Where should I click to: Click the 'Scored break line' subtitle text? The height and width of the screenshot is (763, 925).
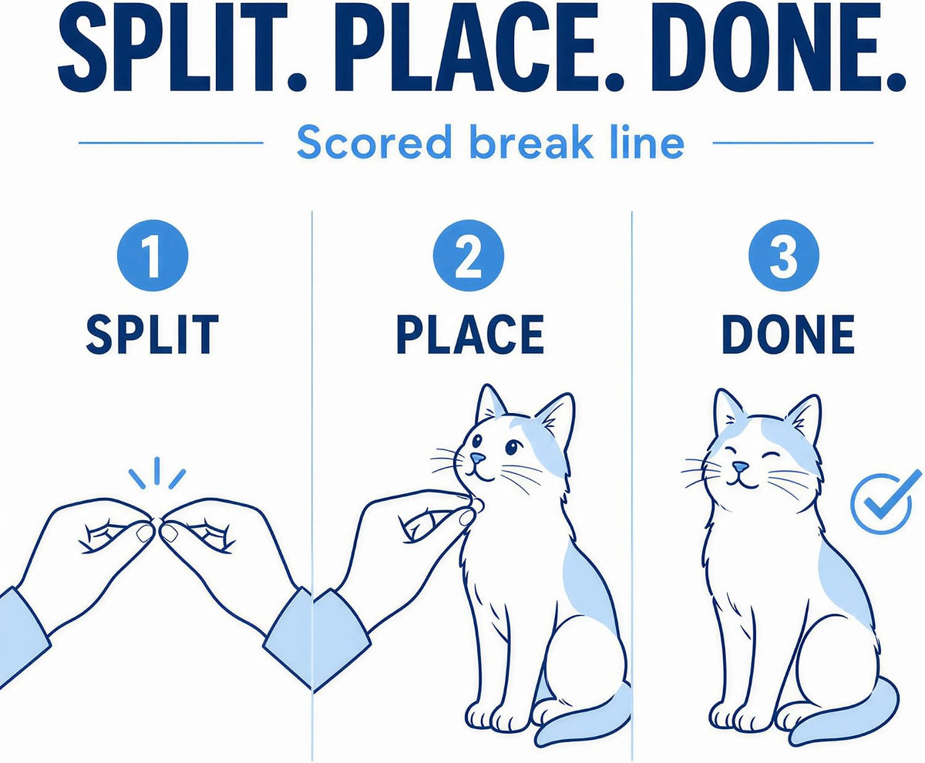[490, 143]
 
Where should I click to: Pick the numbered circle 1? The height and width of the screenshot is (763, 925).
[153, 256]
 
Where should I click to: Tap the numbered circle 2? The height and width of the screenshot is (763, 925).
[468, 256]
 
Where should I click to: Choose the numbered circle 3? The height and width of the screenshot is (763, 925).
[783, 256]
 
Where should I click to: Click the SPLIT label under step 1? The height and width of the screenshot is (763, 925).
[152, 334]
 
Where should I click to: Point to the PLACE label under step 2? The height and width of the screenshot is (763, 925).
[470, 334]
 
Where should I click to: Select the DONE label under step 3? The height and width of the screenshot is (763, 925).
[788, 334]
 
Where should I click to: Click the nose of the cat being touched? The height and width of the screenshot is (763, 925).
[477, 459]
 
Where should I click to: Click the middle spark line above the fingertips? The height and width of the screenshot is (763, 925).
[156, 471]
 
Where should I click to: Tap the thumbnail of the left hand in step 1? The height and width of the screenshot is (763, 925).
[144, 533]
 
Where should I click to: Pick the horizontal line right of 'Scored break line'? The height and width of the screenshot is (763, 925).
[793, 143]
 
